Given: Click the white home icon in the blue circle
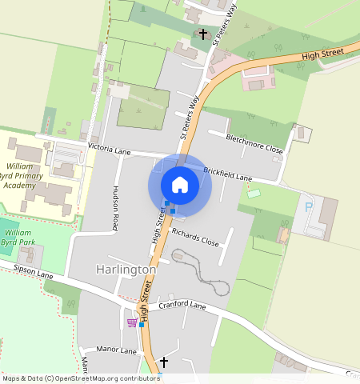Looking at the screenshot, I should pos(180,185).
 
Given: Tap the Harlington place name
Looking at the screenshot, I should pos(126,270).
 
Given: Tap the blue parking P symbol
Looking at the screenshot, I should pos(309,207).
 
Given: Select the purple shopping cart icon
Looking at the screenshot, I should pos(131,323).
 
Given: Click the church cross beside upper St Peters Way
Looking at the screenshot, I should pos(203,34).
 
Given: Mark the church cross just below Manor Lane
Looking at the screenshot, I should pos(164,362).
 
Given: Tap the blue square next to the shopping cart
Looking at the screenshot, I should pos(142,325).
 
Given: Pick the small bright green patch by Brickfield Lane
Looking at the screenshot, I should pos(254,193).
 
